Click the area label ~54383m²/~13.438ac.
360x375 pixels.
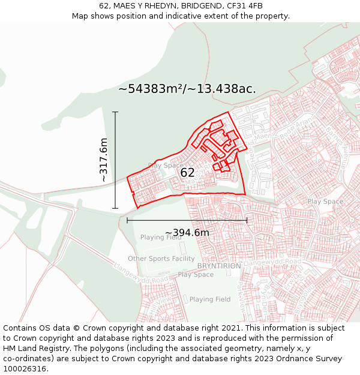click(187, 89)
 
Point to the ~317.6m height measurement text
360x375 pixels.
click(103, 160)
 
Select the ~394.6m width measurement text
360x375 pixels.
click(187, 233)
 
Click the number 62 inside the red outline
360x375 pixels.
click(187, 173)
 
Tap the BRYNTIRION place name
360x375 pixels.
click(219, 266)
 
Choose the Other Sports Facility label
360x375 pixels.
click(161, 259)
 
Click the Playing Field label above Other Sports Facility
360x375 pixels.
click(161, 238)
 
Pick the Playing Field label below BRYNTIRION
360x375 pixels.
click(210, 299)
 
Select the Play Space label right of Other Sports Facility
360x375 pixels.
click(196, 275)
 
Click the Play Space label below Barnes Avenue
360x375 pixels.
click(325, 202)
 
